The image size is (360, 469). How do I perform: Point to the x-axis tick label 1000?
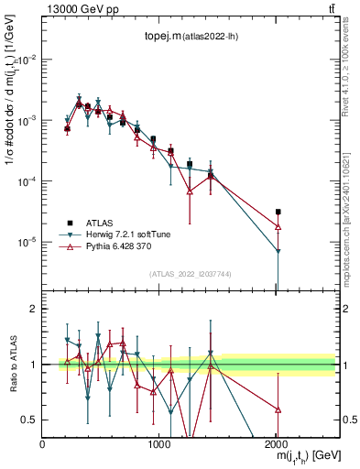click(159, 444)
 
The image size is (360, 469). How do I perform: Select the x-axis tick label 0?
click(43, 444)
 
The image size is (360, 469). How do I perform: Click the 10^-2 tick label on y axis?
click(27, 60)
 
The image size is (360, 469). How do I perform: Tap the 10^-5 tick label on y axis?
click(27, 243)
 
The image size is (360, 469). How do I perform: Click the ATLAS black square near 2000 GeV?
click(278, 212)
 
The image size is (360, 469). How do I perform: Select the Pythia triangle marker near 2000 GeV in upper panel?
click(278, 226)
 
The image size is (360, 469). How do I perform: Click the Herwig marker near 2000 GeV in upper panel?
click(278, 252)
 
